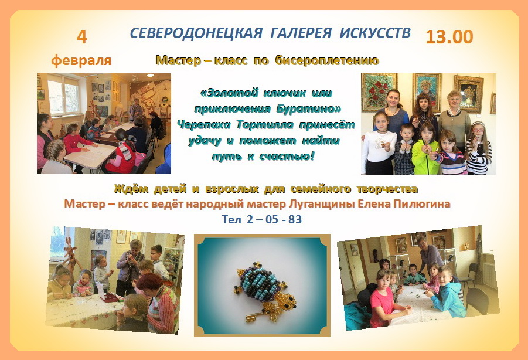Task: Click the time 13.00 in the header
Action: [x=449, y=37]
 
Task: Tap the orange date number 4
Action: [x=82, y=37]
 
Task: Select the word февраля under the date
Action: [x=81, y=60]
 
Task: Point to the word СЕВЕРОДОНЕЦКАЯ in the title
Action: [x=196, y=33]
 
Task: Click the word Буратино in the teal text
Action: [x=308, y=109]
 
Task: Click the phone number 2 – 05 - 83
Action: [x=274, y=219]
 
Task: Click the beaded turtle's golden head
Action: [x=287, y=301]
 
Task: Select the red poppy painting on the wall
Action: [x=379, y=92]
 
